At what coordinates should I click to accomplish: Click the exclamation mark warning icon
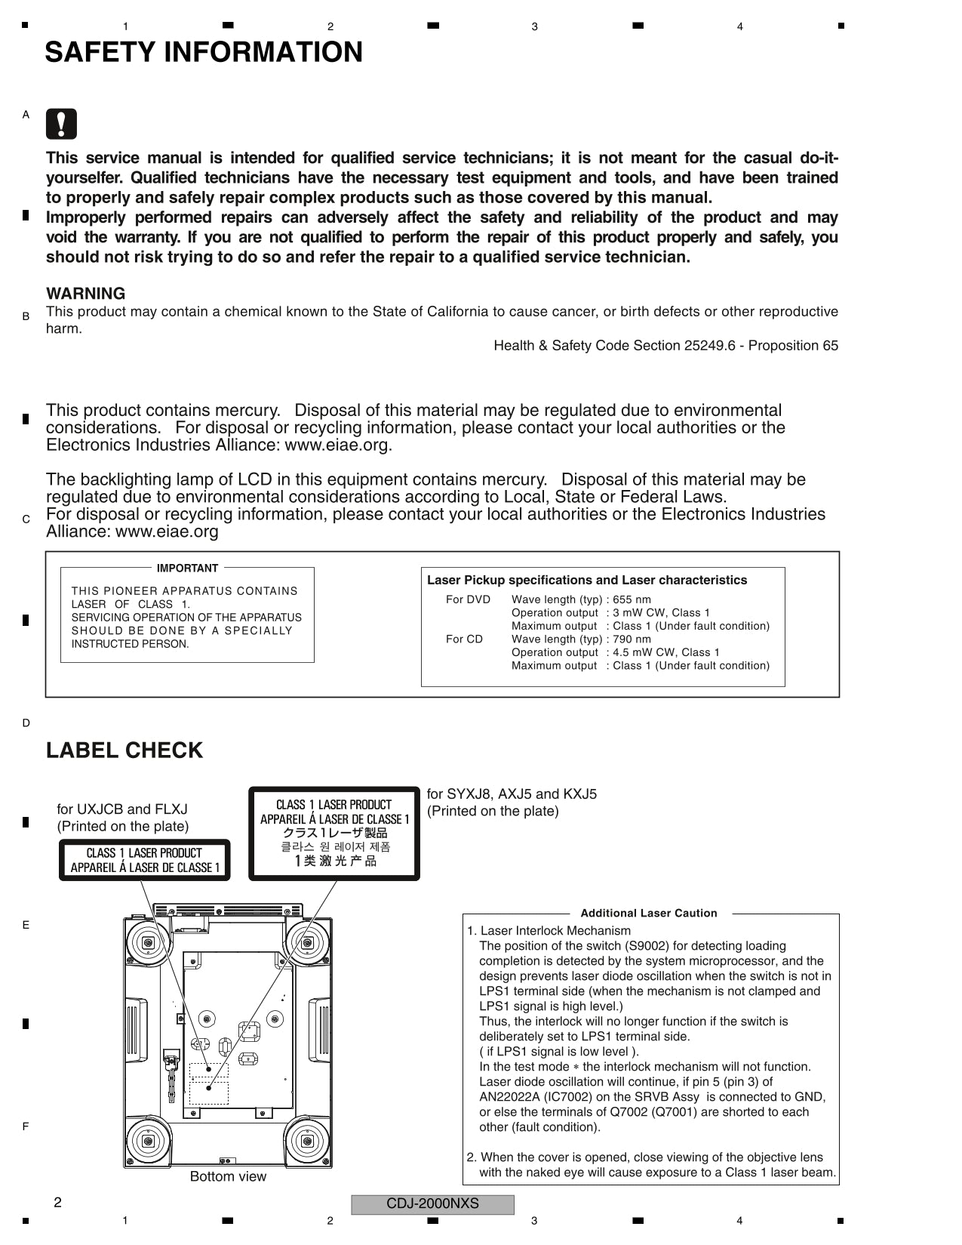click(x=61, y=124)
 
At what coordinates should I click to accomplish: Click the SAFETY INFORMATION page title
click(x=204, y=52)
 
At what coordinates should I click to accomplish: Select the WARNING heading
click(x=85, y=294)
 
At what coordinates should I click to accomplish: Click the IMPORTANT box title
click(x=187, y=568)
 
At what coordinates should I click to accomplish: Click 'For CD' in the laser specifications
click(x=464, y=639)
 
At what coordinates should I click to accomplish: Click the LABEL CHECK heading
click(x=124, y=750)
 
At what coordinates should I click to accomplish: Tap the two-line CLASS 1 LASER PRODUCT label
click(x=144, y=860)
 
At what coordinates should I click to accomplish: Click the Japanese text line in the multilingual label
click(x=334, y=833)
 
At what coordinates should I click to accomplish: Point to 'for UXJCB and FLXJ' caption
click(x=122, y=809)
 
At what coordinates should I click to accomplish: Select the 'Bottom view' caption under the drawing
click(x=228, y=1176)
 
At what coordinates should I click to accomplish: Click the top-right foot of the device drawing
click(x=307, y=942)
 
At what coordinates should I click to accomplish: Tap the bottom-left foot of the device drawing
click(x=148, y=1141)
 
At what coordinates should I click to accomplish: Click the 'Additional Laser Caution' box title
click(x=649, y=913)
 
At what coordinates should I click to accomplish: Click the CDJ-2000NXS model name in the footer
click(x=432, y=1203)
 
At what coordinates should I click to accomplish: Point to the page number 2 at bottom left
click(x=57, y=1203)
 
